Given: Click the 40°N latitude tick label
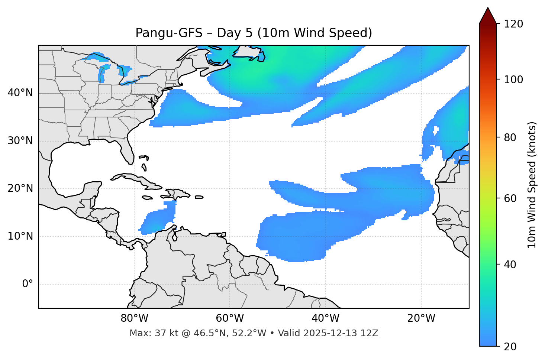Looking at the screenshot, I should coord(20,93).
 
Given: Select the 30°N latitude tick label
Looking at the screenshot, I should coord(20,141).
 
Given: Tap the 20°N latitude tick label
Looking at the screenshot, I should coord(20,188).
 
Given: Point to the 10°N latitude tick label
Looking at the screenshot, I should coord(20,236).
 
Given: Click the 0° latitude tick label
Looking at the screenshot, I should coord(28,284).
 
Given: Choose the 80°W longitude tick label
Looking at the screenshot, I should coord(134,318).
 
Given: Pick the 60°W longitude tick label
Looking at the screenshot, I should coord(230,318).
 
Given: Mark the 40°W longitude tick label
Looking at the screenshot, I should coord(325,318).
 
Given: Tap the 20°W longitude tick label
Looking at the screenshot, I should coord(421,318).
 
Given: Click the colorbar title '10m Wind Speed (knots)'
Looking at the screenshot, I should coord(532,185).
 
